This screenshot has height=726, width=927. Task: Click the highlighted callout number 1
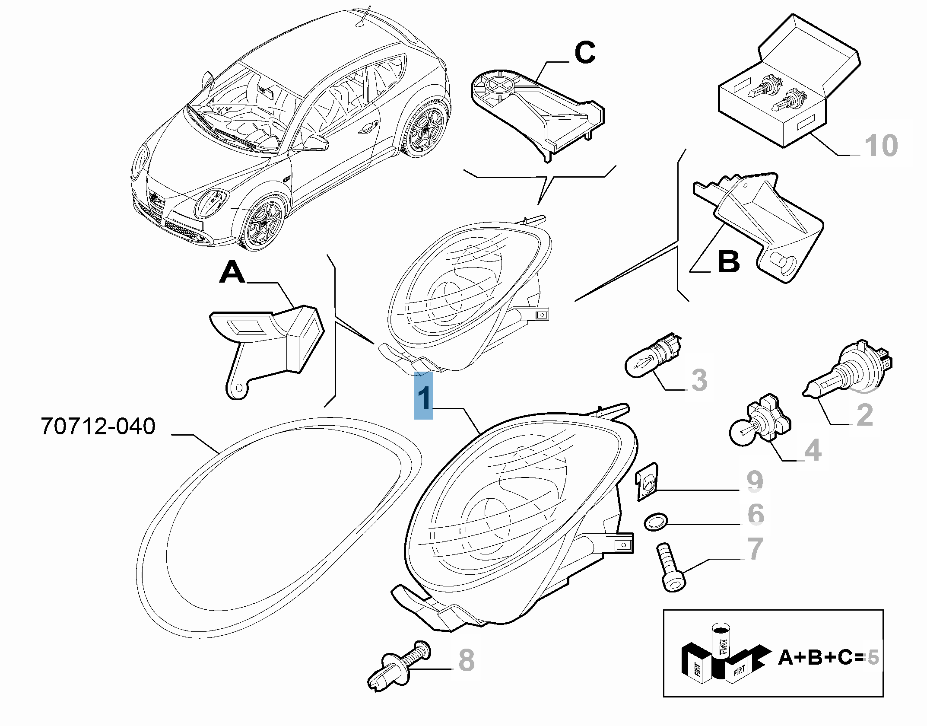[423, 395]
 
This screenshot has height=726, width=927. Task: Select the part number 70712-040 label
[98, 426]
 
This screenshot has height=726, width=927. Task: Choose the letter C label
[585, 53]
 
